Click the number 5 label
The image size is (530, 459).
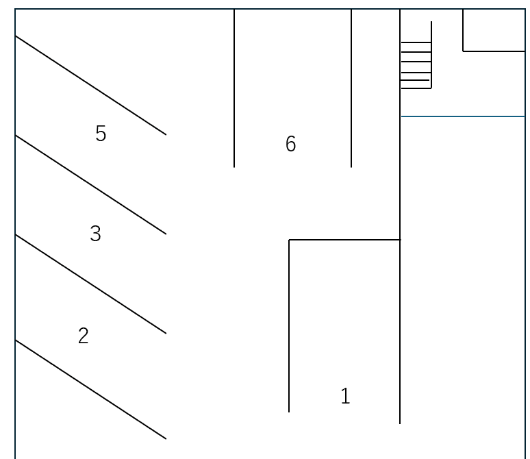[101, 134]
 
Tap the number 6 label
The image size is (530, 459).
[290, 144]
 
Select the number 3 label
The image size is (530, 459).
[95, 234]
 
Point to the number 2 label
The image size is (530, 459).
[83, 336]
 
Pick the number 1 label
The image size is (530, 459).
[345, 396]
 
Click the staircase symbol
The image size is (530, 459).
[416, 65]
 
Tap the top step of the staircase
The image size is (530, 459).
[416, 42]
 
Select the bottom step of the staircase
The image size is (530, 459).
[416, 88]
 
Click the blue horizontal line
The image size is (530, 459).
[462, 116]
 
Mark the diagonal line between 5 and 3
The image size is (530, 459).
[90, 185]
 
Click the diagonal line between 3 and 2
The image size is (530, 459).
[90, 284]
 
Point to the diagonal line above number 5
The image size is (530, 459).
[90, 85]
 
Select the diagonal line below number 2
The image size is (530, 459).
[90, 389]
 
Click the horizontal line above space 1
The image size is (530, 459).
[344, 240]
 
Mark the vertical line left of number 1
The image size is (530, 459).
[289, 325]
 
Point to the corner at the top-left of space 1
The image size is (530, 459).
[289, 240]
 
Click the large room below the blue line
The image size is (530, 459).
[462, 274]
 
